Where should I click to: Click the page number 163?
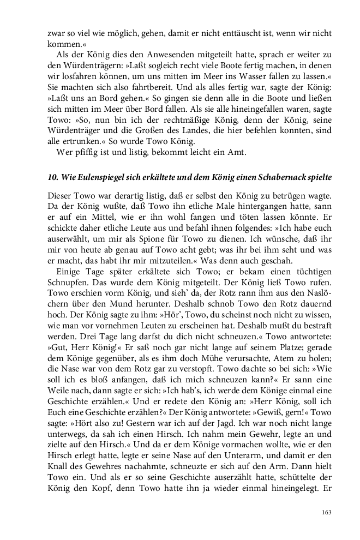(x=326, y=512)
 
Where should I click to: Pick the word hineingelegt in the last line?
(x=290, y=494)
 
